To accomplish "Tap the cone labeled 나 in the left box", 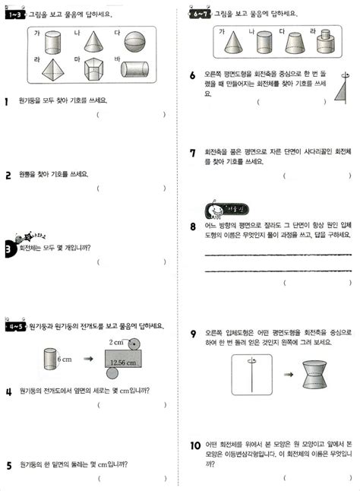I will click(92, 43).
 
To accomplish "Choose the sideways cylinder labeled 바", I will click(136, 71).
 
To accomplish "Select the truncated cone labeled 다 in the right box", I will click(296, 45).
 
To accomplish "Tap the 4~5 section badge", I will click(14, 326).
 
